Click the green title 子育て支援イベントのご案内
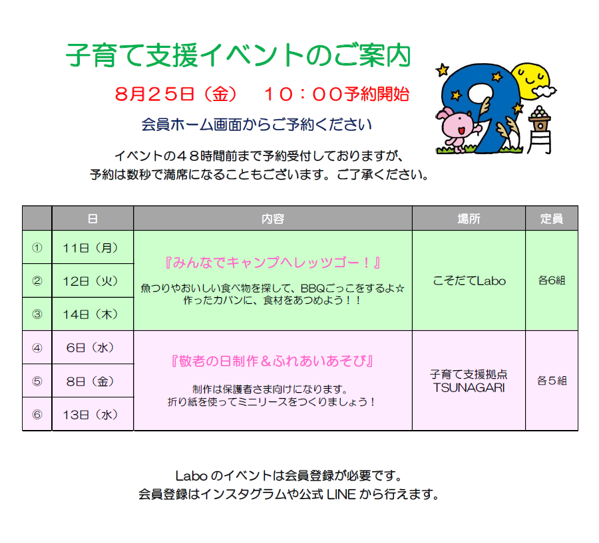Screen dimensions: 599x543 pyautogui.click(x=238, y=55)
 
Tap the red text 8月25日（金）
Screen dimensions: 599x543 pyautogui.click(x=177, y=94)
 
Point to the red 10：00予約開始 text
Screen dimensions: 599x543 pyautogui.click(x=337, y=94)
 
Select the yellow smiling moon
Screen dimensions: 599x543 pyautogui.click(x=532, y=80)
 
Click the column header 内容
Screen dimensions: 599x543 pyautogui.click(x=273, y=219)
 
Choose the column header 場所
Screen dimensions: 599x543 pyautogui.click(x=469, y=219)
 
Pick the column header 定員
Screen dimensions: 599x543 pyautogui.click(x=551, y=219)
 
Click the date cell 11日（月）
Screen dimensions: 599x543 pyautogui.click(x=91, y=248)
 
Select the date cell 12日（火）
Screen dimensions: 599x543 pyautogui.click(x=91, y=281)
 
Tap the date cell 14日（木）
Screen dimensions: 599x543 pyautogui.click(x=91, y=314)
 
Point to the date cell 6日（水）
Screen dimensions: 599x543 pyautogui.click(x=91, y=348)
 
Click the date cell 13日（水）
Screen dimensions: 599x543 pyautogui.click(x=91, y=415)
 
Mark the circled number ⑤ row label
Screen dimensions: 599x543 pyautogui.click(x=37, y=381)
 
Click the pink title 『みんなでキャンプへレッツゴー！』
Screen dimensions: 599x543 pyautogui.click(x=273, y=263)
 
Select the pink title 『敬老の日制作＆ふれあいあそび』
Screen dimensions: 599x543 pyautogui.click(x=273, y=361)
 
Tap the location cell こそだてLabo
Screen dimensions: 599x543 pyautogui.click(x=469, y=281)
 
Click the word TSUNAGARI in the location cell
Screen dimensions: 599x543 pyautogui.click(x=469, y=387)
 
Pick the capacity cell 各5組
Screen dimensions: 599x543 pyautogui.click(x=551, y=380)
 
